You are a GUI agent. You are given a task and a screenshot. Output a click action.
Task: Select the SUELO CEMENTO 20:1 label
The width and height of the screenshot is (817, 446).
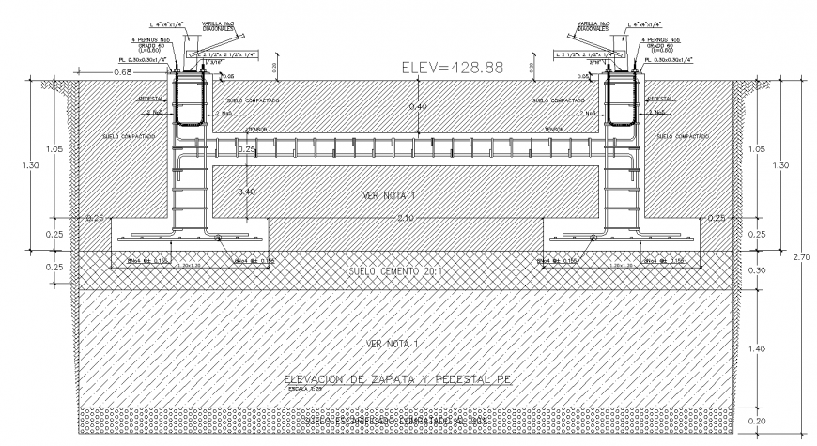(406, 269)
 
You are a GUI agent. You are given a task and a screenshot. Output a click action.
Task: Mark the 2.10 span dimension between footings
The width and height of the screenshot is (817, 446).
(407, 218)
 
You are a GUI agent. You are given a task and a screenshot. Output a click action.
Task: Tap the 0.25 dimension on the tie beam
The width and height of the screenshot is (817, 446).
(246, 149)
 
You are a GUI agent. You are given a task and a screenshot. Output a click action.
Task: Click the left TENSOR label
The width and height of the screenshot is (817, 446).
(257, 130)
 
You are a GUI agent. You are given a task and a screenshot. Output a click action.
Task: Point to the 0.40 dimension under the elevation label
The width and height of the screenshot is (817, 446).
(416, 106)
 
